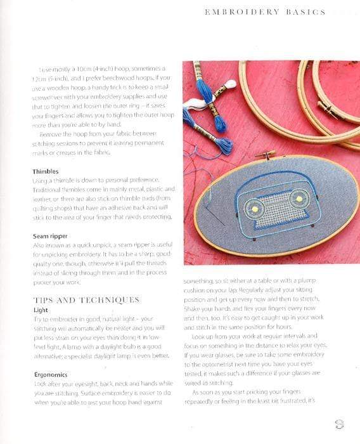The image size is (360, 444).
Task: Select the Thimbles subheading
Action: (46, 171)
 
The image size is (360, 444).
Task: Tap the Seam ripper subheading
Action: (50, 236)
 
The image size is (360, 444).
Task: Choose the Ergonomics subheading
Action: (50, 375)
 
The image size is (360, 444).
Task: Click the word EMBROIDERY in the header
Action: (242, 12)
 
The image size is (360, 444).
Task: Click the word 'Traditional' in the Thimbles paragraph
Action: (51, 190)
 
